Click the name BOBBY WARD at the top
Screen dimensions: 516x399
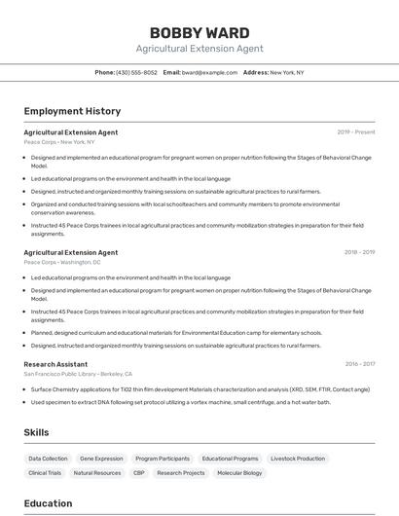(199, 32)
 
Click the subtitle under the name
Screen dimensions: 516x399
(199, 49)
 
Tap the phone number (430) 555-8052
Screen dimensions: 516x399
(136, 72)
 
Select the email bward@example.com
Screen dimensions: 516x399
(209, 72)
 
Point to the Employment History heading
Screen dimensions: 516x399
(72, 111)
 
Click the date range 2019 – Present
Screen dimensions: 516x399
(355, 131)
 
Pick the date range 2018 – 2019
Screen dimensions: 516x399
(359, 252)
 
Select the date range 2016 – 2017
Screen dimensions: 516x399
(359, 364)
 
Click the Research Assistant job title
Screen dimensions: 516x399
(55, 364)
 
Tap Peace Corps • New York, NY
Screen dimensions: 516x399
(59, 141)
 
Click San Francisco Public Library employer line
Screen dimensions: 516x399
(78, 374)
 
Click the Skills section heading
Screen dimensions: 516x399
(37, 431)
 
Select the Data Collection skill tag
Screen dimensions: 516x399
(48, 459)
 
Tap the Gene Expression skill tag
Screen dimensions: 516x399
(101, 459)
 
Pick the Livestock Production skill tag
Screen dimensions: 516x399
(298, 459)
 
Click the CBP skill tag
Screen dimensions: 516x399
(139, 473)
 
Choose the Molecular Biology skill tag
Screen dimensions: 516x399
(239, 473)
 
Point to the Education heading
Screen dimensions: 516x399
(48, 503)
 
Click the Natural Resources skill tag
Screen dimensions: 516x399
(97, 473)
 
